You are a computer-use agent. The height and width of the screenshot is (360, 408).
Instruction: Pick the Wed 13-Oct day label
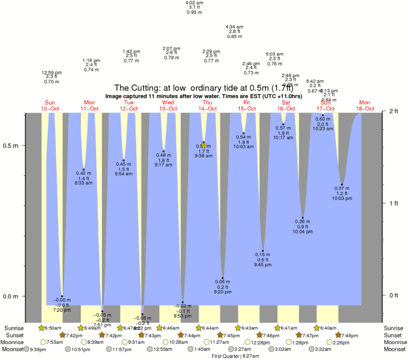click(168, 105)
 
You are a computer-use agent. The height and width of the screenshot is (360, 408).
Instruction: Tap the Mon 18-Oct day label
click(365, 105)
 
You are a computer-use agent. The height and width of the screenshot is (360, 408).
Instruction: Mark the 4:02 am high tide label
click(194, 7)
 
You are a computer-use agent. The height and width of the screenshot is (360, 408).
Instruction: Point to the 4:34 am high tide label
click(235, 31)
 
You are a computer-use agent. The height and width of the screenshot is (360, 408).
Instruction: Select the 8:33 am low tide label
click(83, 182)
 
